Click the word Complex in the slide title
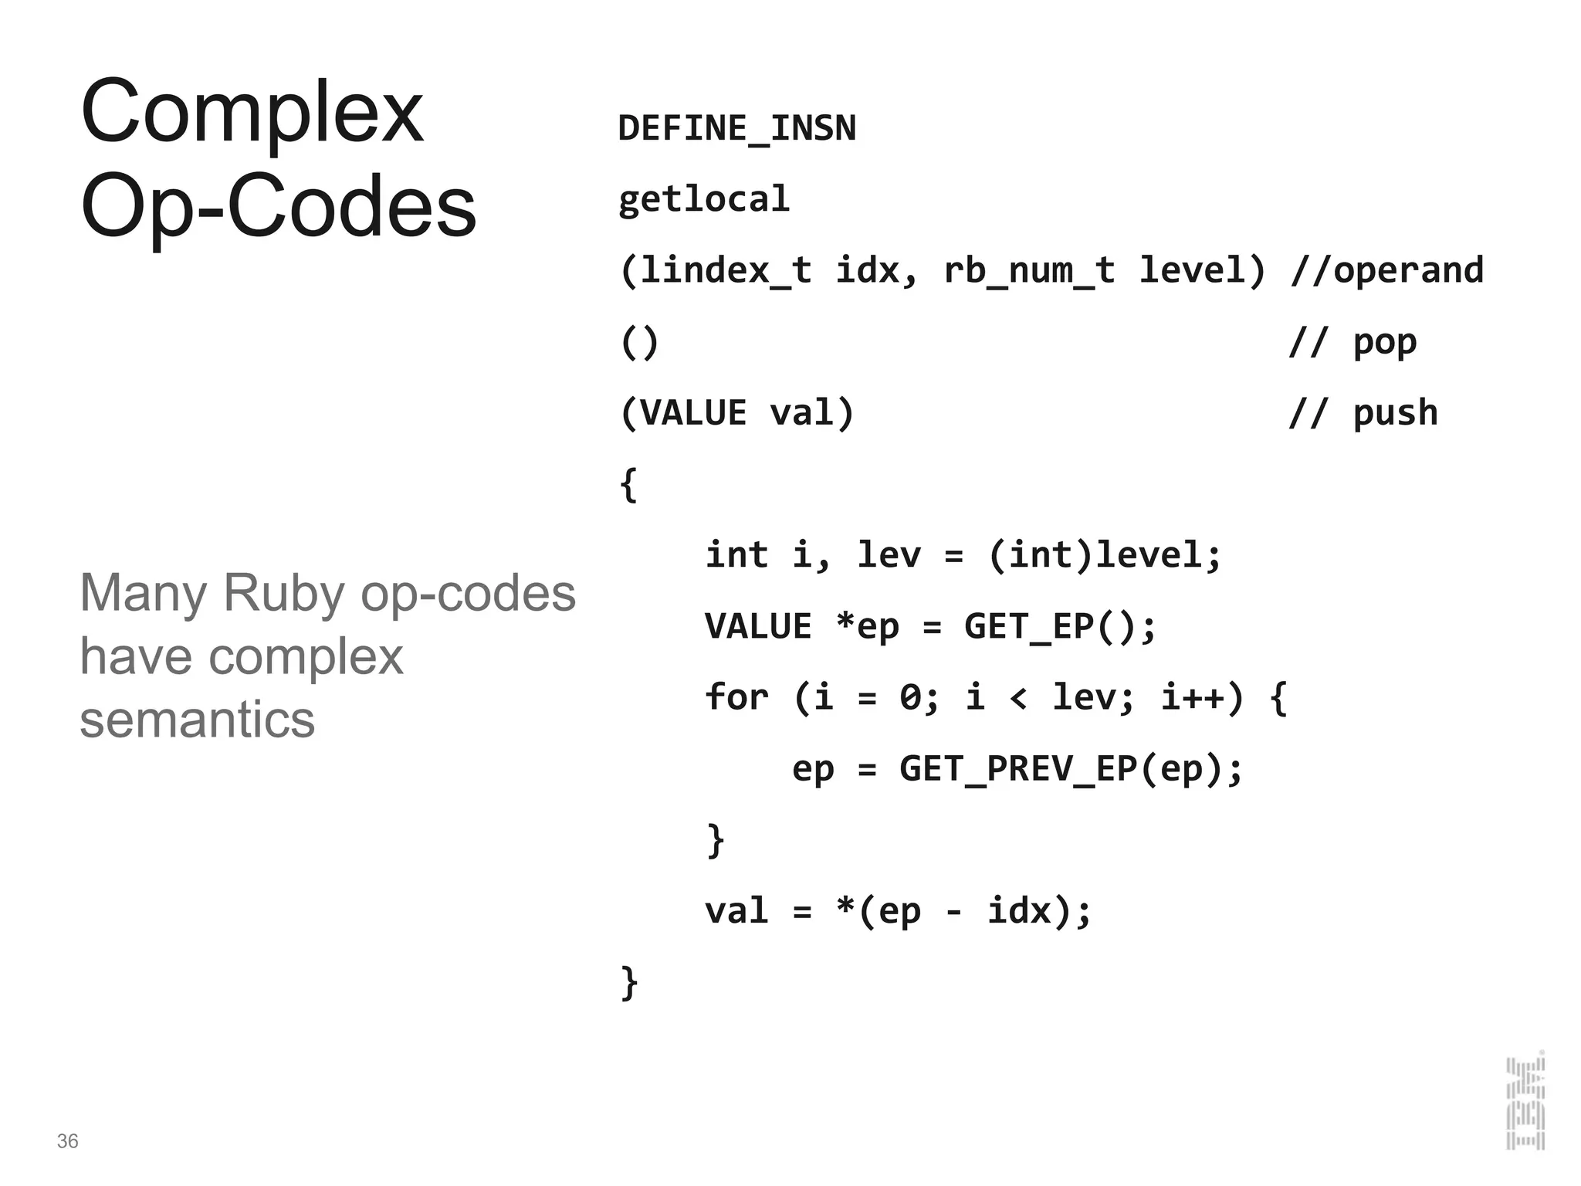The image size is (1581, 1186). (252, 114)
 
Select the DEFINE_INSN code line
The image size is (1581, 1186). (736, 128)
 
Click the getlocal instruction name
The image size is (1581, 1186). (704, 199)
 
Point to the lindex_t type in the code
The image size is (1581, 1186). (726, 270)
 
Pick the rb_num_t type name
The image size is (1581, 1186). (1028, 270)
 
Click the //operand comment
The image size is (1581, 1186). (1386, 270)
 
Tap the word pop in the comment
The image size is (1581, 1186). (1385, 342)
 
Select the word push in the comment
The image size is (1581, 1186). (1395, 413)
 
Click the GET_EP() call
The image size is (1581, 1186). (1059, 626)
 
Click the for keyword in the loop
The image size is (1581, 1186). (736, 697)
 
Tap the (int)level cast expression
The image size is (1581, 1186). (1104, 555)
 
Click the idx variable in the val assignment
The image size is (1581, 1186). (1019, 911)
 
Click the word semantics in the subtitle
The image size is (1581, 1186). (197, 720)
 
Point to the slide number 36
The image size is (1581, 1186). (67, 1141)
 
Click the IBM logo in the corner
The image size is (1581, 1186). (1525, 1103)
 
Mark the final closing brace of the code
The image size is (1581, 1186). (629, 983)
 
